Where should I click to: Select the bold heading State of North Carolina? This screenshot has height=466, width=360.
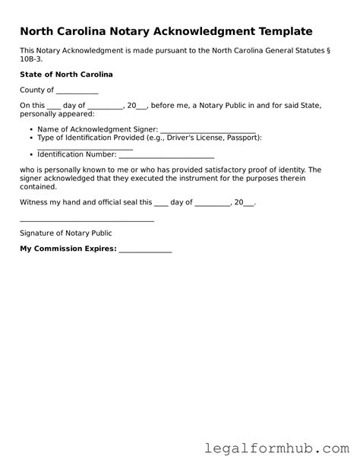(x=66, y=75)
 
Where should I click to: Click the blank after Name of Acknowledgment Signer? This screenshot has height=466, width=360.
(x=208, y=130)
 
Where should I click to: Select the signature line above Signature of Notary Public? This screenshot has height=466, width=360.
(x=87, y=220)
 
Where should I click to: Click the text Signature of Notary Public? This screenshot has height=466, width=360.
(x=66, y=233)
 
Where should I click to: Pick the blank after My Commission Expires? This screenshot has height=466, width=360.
(x=145, y=250)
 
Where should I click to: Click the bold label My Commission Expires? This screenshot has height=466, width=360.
(x=68, y=249)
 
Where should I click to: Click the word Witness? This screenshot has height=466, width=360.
(x=36, y=203)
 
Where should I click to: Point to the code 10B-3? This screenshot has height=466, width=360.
(x=33, y=59)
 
